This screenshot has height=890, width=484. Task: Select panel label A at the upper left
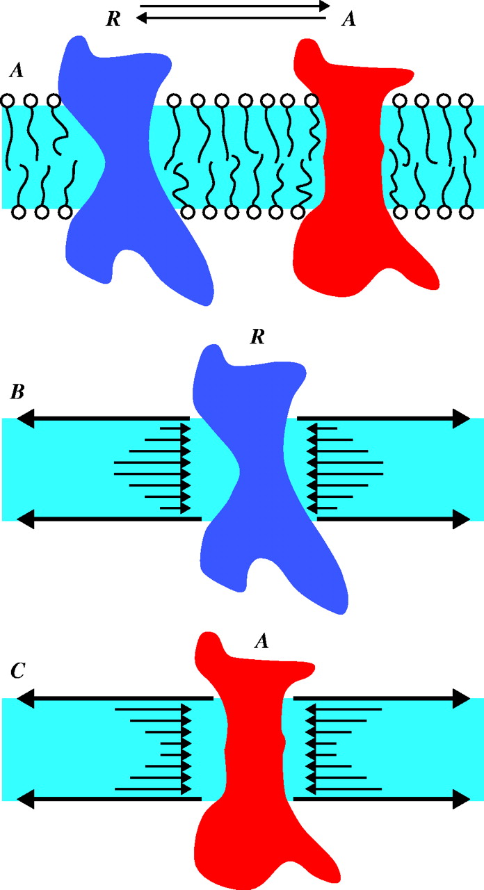pos(15,70)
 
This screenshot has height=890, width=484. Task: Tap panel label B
pos(17,392)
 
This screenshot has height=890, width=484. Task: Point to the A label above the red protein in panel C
pos(261,643)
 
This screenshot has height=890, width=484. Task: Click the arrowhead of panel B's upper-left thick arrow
pos(26,419)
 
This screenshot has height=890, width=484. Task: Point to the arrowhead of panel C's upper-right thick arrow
pos(462,697)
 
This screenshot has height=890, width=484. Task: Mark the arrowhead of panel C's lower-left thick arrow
pos(26,800)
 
